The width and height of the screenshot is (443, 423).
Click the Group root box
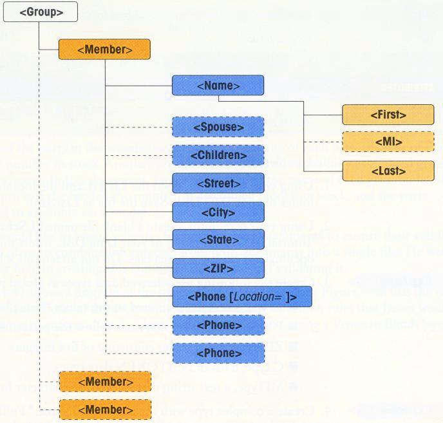coord(41,12)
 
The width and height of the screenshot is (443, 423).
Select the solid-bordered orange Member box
coord(104,50)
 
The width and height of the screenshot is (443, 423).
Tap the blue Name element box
coord(218,85)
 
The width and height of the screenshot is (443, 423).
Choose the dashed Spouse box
coord(218,127)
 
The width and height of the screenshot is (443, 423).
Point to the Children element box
coord(218,155)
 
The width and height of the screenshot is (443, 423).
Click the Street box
coord(218,183)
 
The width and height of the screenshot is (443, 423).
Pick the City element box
coord(218,212)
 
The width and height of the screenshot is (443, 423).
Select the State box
coord(218,240)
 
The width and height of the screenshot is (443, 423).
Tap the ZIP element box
coord(218,268)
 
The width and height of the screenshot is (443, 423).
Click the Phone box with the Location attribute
coord(242,296)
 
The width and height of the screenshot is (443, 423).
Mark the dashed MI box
coord(388,142)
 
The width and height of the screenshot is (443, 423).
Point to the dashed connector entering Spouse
coord(138,127)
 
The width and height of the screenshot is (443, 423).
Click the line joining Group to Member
coord(41,39)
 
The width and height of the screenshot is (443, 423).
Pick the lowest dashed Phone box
coord(218,353)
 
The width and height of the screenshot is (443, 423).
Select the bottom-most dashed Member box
coord(104,409)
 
